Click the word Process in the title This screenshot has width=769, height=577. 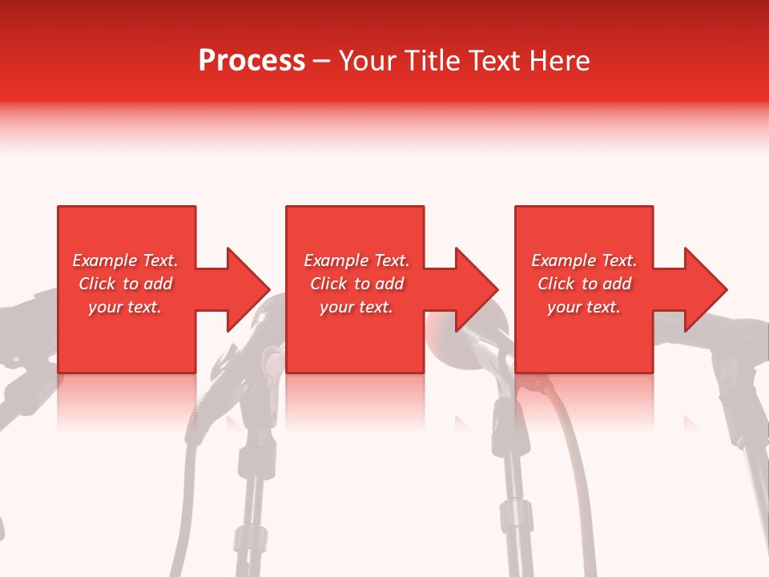point(252,61)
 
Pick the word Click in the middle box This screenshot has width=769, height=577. point(328,284)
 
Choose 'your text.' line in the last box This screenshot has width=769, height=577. point(584,307)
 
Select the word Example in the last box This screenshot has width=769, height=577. point(563,260)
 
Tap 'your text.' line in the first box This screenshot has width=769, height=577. point(125,307)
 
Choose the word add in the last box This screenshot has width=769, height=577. point(616,284)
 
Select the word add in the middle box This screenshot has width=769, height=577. point(389,284)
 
